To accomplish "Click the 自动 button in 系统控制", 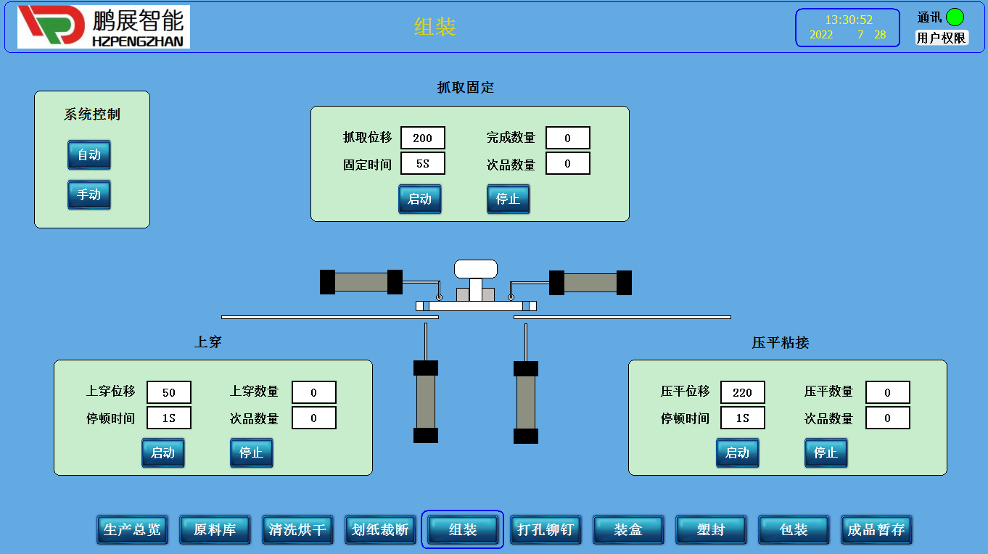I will point(89,154).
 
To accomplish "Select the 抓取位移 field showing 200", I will point(422,138).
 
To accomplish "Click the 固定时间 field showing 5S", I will point(422,164).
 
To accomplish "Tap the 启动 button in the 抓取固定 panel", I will point(420,199).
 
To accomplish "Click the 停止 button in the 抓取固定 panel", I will point(508,199).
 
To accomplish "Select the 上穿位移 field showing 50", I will point(169,392).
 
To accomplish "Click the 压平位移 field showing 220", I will point(742,392).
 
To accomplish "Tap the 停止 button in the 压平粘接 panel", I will point(826,452).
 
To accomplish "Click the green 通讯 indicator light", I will point(955,17).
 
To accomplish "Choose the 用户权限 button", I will point(941,38).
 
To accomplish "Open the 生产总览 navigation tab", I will point(132,529).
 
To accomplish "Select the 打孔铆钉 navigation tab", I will point(546,529).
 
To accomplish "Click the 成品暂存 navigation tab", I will point(876,529).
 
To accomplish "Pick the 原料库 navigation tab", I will point(215,529).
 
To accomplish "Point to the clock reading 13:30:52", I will point(849,20).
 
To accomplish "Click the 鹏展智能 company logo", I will point(104,27).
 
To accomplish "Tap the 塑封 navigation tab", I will point(711,529).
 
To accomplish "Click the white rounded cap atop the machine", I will point(476,268).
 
